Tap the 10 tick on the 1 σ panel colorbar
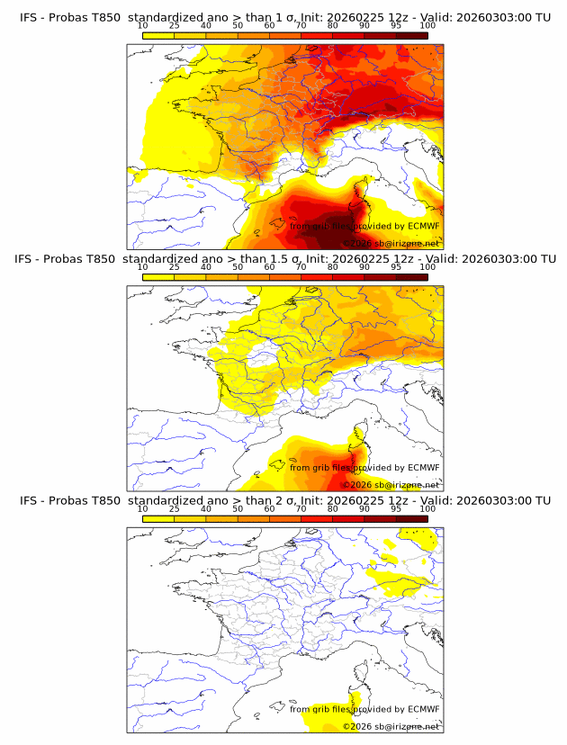pos(142,25)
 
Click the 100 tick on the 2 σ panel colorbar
pos(427,508)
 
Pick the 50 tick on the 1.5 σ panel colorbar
pos(238,267)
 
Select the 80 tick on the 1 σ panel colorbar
pos(333,25)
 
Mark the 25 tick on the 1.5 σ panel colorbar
pos(174,267)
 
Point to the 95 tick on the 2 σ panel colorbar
pos(396,508)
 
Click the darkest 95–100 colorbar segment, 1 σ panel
pos(411,35)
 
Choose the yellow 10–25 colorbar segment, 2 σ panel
pos(158,518)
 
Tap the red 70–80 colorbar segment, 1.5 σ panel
pos(317,277)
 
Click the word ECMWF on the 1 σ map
pos(423,226)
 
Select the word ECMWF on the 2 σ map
pos(423,709)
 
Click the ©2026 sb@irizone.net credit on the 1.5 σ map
pos(391,484)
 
